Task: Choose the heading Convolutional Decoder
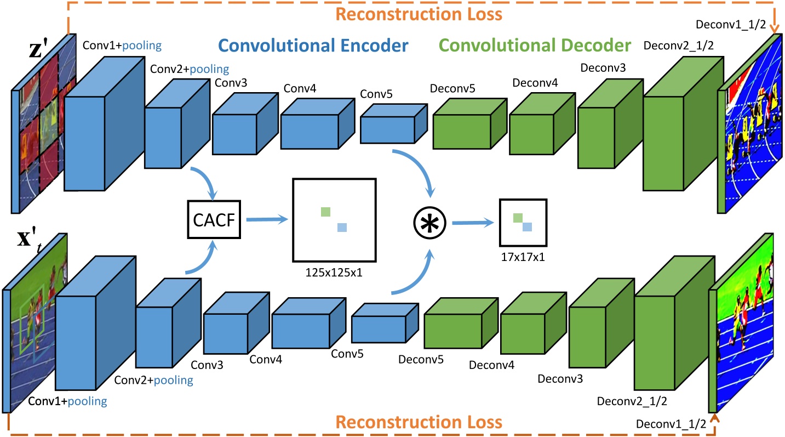[536, 45]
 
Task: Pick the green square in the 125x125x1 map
[325, 211]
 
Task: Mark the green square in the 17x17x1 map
[518, 218]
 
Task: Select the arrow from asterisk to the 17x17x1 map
[472, 222]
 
